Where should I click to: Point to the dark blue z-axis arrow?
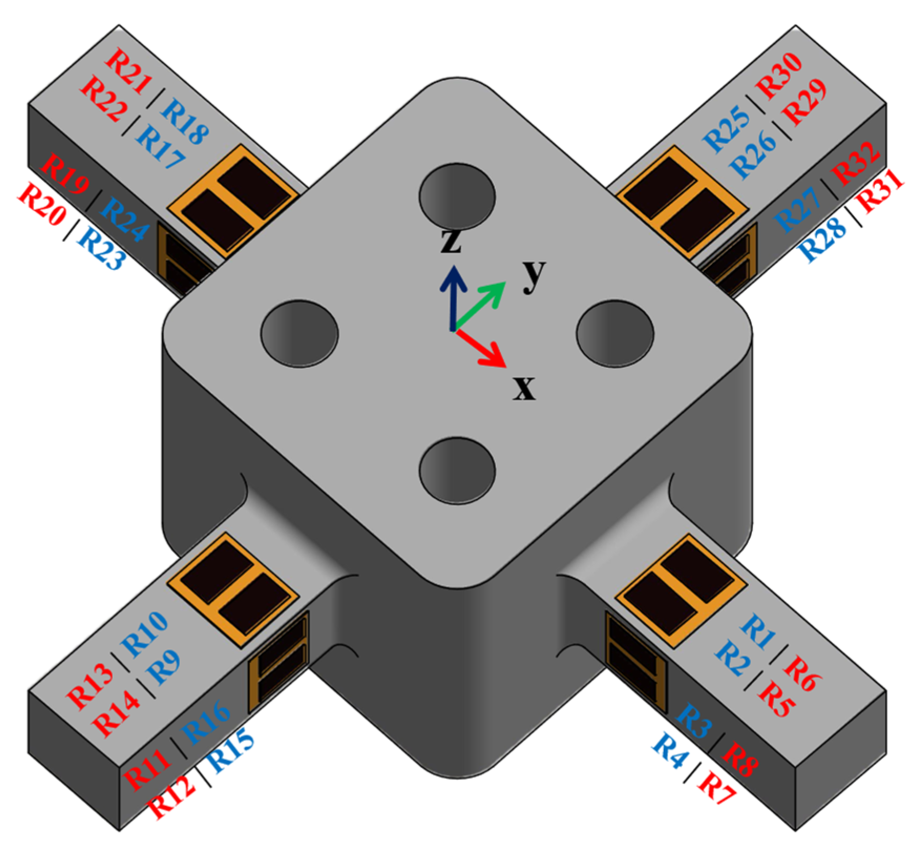(452, 297)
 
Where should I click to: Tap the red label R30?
(780, 77)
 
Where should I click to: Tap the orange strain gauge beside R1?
(680, 588)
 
